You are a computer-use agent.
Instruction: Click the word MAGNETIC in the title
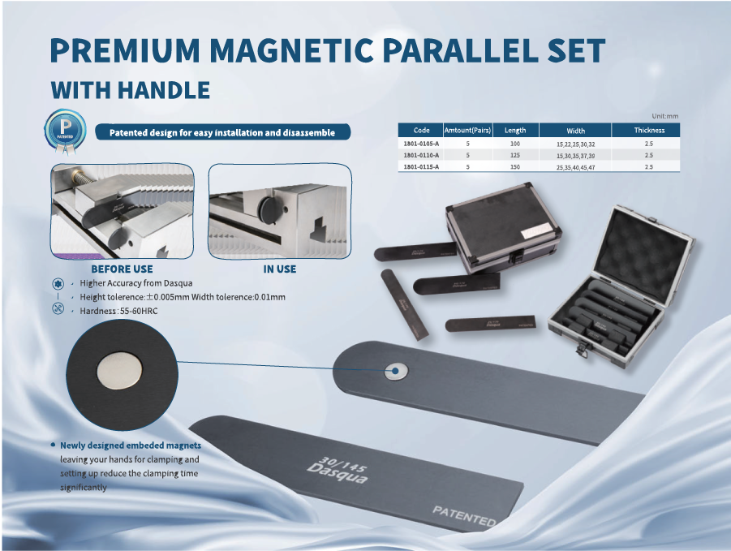pos(291,50)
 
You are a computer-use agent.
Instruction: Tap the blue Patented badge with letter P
pos(65,131)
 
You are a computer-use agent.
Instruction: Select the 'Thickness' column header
pos(649,131)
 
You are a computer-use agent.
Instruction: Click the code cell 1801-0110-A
pos(421,155)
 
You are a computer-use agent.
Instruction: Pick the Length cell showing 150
pos(514,167)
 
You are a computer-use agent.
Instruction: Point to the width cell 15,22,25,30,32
pos(575,144)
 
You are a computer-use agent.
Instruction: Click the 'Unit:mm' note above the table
pos(664,116)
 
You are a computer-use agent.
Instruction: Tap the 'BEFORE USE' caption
pos(123,269)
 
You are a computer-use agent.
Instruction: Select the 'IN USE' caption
pos(280,269)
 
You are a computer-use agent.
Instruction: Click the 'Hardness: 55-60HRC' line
pos(118,311)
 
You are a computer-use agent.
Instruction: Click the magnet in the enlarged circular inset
pos(119,370)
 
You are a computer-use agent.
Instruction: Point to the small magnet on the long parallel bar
pos(396,371)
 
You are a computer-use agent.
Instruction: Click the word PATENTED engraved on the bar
pos(464,516)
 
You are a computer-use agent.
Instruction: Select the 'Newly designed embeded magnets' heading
pos(131,446)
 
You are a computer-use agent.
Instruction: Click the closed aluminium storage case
pos(504,227)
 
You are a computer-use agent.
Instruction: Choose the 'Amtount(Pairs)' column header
pos(467,131)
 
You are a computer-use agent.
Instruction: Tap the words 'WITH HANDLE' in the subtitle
pos(130,90)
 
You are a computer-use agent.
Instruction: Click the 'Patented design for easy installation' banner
pos(222,132)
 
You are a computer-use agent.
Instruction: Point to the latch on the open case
pos(583,349)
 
